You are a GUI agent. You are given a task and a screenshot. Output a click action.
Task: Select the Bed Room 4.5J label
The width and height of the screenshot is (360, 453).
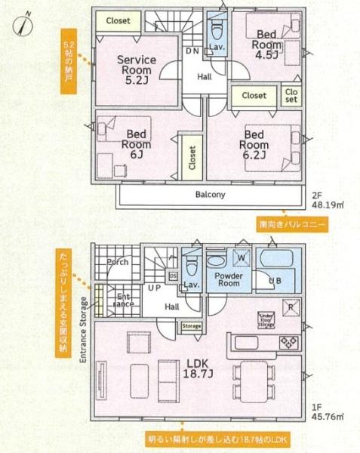(x=267, y=44)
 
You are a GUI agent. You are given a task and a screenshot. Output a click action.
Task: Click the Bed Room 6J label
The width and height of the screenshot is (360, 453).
(x=137, y=143)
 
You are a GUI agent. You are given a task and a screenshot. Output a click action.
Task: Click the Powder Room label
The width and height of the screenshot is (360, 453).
(x=228, y=279)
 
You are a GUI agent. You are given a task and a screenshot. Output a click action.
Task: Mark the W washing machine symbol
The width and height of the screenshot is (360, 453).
(x=242, y=258)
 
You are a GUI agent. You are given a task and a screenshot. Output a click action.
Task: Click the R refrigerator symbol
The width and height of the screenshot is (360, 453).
(x=288, y=308)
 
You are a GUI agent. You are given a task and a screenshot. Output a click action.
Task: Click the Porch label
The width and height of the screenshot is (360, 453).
(x=118, y=263)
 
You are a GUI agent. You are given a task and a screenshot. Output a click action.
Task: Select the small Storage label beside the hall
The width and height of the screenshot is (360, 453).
(x=190, y=326)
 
